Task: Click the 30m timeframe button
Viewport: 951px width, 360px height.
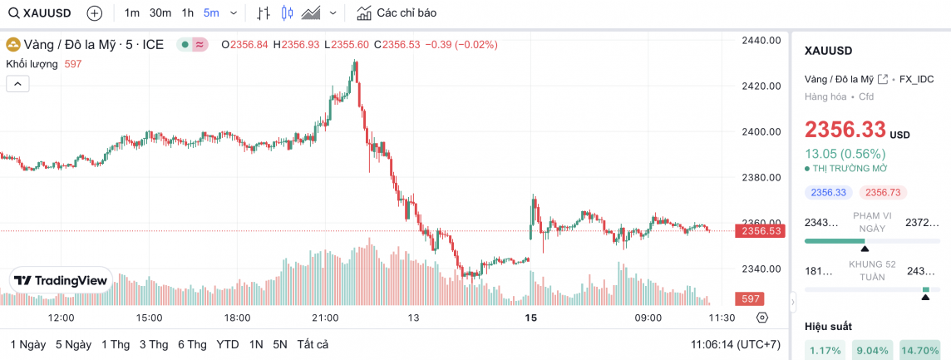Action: [160, 13]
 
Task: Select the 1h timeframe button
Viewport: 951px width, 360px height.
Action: [188, 13]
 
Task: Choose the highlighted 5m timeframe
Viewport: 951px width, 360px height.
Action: [211, 13]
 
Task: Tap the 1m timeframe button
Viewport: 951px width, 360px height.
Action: [132, 13]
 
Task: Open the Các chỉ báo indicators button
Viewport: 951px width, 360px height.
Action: [397, 13]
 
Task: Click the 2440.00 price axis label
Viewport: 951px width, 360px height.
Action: [761, 40]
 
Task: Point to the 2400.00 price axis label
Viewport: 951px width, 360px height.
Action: [761, 131]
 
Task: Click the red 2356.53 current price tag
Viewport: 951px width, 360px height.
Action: [761, 230]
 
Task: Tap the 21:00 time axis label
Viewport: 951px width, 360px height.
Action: [325, 318]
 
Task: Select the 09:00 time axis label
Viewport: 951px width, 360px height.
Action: [648, 318]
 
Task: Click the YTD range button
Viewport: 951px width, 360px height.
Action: [228, 344]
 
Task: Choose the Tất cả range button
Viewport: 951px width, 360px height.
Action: [313, 344]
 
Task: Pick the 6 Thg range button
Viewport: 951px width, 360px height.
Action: [192, 344]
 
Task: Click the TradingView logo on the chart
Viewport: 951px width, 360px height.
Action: [62, 281]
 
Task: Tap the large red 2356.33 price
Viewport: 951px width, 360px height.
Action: [845, 130]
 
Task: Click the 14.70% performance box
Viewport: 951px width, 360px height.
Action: [919, 351]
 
